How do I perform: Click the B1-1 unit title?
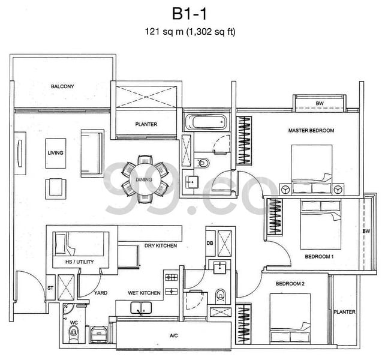pos(190,14)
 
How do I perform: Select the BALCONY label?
pos(62,87)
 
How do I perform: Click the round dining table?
pos(144,179)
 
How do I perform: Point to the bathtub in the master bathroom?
pos(206,123)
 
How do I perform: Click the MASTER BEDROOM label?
pos(311,130)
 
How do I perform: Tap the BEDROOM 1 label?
pos(319,256)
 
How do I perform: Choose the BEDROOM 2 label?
pos(290,283)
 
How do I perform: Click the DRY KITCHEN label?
pos(160,246)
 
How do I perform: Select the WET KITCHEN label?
pos(143,293)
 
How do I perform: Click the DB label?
pos(210,243)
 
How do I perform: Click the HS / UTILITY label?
pos(71,263)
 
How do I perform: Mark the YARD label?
pos(100,293)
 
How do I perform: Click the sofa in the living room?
pos(92,144)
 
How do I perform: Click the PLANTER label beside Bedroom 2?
pos(345,311)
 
